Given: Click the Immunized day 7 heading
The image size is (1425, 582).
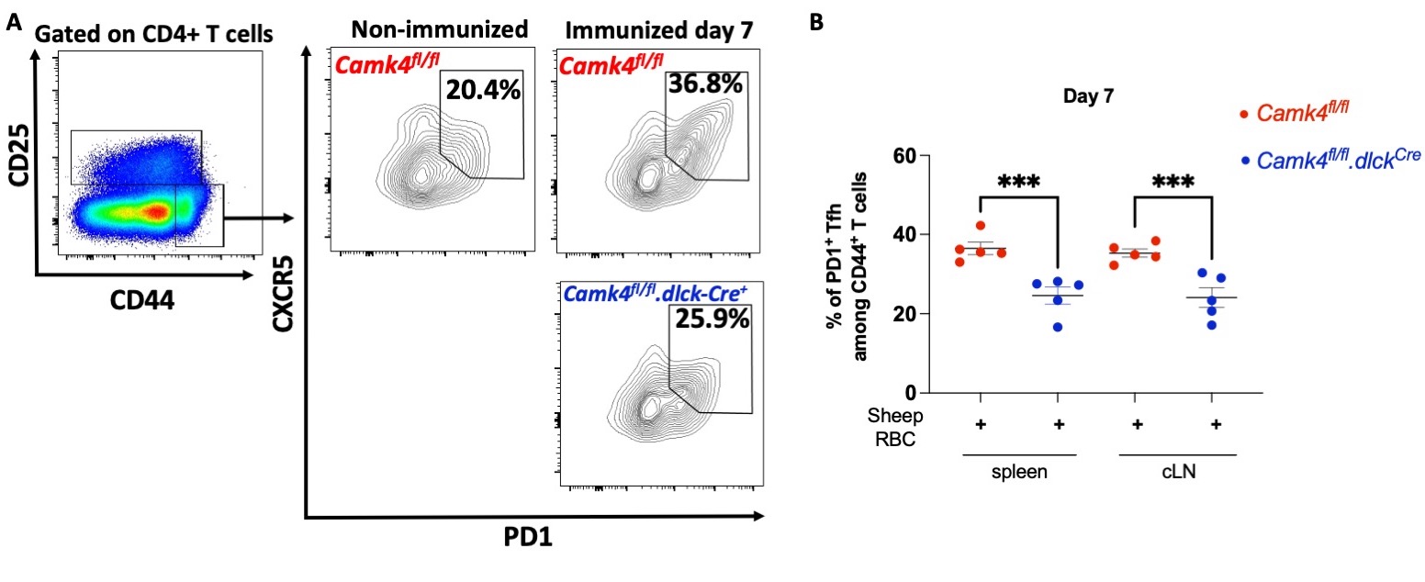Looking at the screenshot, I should (661, 29).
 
